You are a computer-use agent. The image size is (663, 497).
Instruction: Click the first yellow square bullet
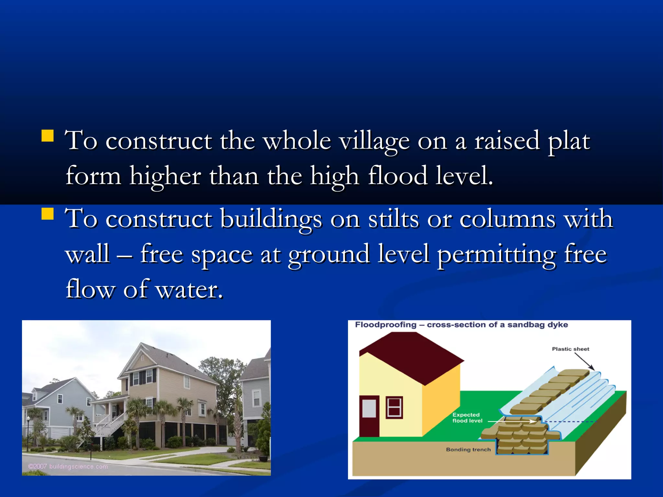click(48, 136)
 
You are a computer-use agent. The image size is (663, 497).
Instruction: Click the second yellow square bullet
click(48, 214)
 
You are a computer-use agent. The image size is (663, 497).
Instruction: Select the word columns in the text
click(508, 219)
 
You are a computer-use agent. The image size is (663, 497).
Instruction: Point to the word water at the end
click(189, 289)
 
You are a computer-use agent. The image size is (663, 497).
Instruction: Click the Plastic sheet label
click(570, 349)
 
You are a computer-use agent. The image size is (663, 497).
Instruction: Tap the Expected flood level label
click(466, 418)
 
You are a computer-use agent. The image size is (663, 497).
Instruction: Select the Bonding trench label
click(468, 449)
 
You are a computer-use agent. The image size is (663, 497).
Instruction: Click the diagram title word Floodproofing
click(386, 325)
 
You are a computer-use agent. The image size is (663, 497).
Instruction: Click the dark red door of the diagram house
click(369, 416)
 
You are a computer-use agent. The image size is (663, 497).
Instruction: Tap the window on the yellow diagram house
click(394, 407)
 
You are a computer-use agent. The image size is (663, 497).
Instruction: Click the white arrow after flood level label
click(512, 421)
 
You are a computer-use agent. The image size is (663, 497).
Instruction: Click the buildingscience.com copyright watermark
click(68, 466)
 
